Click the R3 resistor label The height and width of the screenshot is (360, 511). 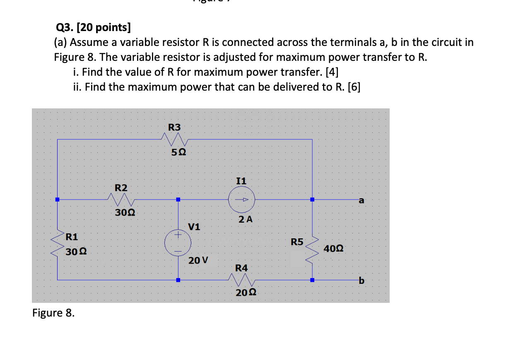174,127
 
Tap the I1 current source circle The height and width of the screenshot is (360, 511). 241,199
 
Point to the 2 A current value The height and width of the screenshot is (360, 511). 246,219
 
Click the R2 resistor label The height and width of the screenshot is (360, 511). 121,187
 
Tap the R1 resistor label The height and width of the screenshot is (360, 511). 72,237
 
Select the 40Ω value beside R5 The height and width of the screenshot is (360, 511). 333,249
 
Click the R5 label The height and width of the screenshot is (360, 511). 297,242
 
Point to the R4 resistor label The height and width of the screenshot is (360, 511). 241,268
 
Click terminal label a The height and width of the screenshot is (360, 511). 361,201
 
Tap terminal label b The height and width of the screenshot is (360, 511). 362,281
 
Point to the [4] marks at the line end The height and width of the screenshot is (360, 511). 332,72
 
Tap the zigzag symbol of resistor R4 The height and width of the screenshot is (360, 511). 241,280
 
